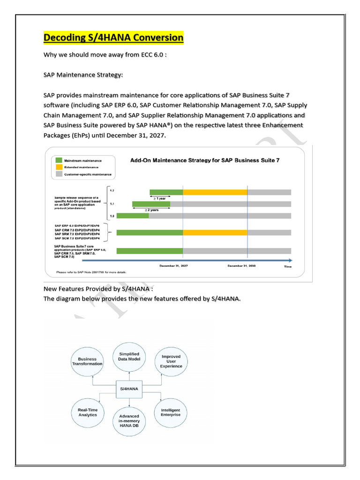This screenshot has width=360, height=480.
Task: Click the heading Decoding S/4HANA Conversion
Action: tap(114, 37)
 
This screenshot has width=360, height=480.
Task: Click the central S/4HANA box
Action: tap(130, 389)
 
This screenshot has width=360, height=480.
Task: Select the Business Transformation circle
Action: tap(87, 361)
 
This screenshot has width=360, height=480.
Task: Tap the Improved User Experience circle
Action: tap(171, 361)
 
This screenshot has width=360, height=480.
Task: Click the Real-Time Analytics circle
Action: tap(88, 412)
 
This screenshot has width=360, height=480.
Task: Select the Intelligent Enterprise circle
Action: tap(171, 412)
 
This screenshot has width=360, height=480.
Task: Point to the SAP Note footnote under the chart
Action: tap(91, 271)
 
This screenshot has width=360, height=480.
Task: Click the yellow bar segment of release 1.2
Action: tap(215, 192)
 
